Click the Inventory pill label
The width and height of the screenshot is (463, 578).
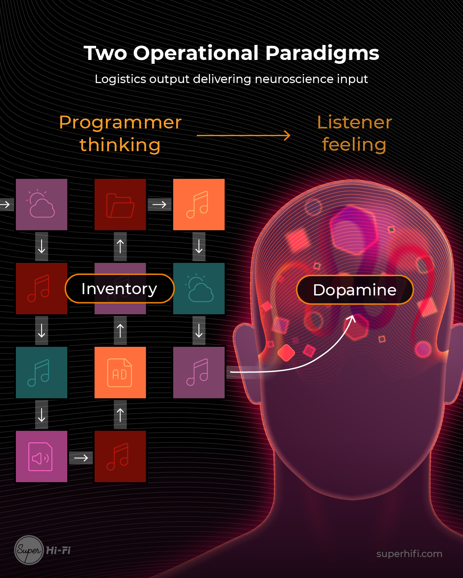119,289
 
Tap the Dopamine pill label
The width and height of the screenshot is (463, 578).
355,290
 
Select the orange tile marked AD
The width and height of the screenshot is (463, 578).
120,372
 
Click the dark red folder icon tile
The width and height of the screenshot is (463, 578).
120,205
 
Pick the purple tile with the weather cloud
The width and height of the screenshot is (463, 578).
42,205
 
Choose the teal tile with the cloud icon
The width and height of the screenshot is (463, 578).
199,289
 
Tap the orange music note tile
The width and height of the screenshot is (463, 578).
199,205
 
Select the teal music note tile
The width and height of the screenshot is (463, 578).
42,372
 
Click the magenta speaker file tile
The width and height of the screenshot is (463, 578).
42,456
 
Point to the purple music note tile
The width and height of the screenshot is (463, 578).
199,372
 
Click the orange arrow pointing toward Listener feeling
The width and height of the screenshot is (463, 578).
243,136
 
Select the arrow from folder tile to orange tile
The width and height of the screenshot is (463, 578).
159,205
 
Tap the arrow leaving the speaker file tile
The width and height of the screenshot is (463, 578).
81,458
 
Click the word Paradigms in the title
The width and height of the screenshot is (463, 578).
322,54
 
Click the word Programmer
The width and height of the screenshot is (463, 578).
120,122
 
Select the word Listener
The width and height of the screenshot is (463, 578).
354,122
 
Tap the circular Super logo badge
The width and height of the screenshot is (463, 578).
29,550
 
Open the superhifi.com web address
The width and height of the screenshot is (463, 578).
409,554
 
